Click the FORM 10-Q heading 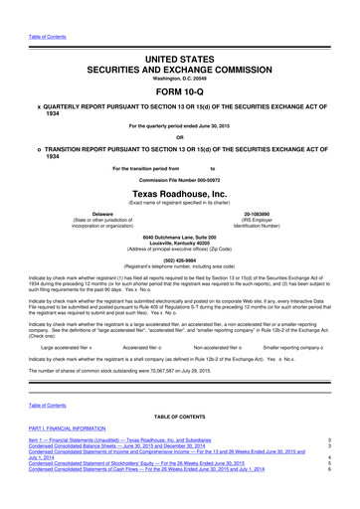pyautogui.click(x=179, y=86)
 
